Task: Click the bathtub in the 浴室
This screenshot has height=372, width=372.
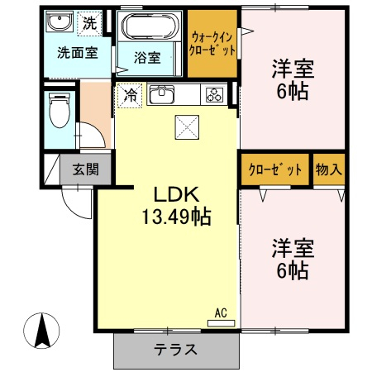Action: coord(150,26)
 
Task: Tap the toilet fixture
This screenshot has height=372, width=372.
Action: coord(60,110)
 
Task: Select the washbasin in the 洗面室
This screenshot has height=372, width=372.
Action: coord(60,21)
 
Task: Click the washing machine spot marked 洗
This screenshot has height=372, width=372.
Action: coord(89,23)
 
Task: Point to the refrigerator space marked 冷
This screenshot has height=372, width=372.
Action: coord(130,95)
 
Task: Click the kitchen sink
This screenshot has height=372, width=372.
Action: coord(161,94)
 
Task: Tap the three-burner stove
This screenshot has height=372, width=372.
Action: coord(214,94)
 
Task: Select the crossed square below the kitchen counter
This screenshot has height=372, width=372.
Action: coord(187,127)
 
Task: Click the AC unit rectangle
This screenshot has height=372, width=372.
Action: coord(221,323)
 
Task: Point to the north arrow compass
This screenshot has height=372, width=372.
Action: coord(41,331)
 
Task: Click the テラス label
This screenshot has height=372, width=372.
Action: coord(175,350)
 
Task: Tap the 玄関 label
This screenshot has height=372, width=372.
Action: coord(86,169)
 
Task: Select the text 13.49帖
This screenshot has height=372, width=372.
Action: coord(176,217)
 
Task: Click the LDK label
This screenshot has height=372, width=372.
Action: coord(176,195)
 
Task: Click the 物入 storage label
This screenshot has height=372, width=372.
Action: coord(329,169)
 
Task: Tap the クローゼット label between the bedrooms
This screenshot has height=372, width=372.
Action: coord(275,169)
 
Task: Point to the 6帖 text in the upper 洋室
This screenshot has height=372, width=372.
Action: coord(293,91)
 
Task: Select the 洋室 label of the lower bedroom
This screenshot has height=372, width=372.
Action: coord(293,248)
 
